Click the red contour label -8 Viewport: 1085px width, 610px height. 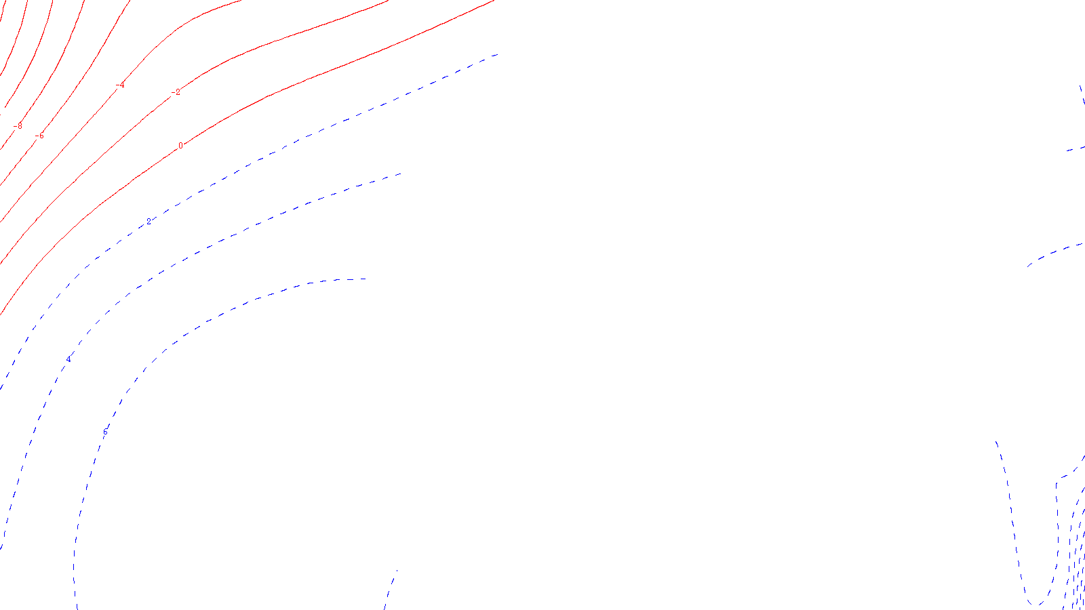coord(18,126)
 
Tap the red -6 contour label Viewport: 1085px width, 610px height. coord(40,136)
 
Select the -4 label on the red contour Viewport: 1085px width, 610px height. coord(121,85)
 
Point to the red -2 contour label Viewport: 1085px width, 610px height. coord(177,92)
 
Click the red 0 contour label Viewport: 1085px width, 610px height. coord(180,146)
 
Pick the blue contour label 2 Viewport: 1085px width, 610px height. coord(149,222)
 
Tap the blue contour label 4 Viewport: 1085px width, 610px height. coord(68,359)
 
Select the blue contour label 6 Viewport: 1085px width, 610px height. coord(105,432)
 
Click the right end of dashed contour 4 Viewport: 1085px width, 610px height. coord(401,174)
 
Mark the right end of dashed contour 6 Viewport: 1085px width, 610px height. coord(366,279)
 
